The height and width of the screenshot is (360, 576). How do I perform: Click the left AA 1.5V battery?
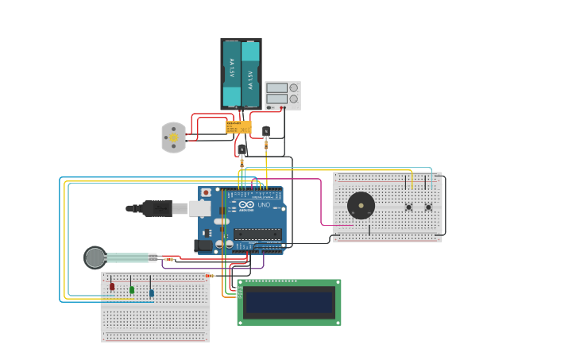[x=231, y=73]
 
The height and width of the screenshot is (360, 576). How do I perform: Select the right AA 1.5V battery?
[x=250, y=73]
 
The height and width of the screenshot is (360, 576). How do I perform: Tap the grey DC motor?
[x=172, y=137]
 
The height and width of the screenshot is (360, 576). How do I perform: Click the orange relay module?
[x=238, y=126]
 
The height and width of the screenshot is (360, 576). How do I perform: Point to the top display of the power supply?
[x=276, y=87]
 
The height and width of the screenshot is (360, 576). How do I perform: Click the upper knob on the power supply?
[x=294, y=87]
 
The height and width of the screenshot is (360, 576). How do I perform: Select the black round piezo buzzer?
[x=361, y=206]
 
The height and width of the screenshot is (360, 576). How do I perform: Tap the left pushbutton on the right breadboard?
[x=409, y=207]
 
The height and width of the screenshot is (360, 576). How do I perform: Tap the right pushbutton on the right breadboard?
[x=428, y=207]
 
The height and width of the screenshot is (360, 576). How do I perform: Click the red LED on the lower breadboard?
[x=112, y=286]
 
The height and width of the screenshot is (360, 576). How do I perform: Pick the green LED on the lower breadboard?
[x=132, y=289]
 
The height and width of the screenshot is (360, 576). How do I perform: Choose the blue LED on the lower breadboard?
[x=151, y=292]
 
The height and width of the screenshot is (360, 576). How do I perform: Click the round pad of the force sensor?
[x=95, y=257]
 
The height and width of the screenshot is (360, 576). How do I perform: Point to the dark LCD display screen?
[x=288, y=302]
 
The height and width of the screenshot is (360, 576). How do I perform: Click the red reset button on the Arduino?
[x=206, y=192]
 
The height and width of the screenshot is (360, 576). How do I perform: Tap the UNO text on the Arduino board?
[x=264, y=205]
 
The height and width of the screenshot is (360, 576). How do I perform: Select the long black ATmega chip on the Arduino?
[x=257, y=234]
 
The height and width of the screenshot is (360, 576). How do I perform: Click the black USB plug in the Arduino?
[x=157, y=208]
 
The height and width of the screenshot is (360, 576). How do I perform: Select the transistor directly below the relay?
[x=242, y=149]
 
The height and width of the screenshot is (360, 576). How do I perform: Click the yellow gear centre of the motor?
[x=173, y=137]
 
